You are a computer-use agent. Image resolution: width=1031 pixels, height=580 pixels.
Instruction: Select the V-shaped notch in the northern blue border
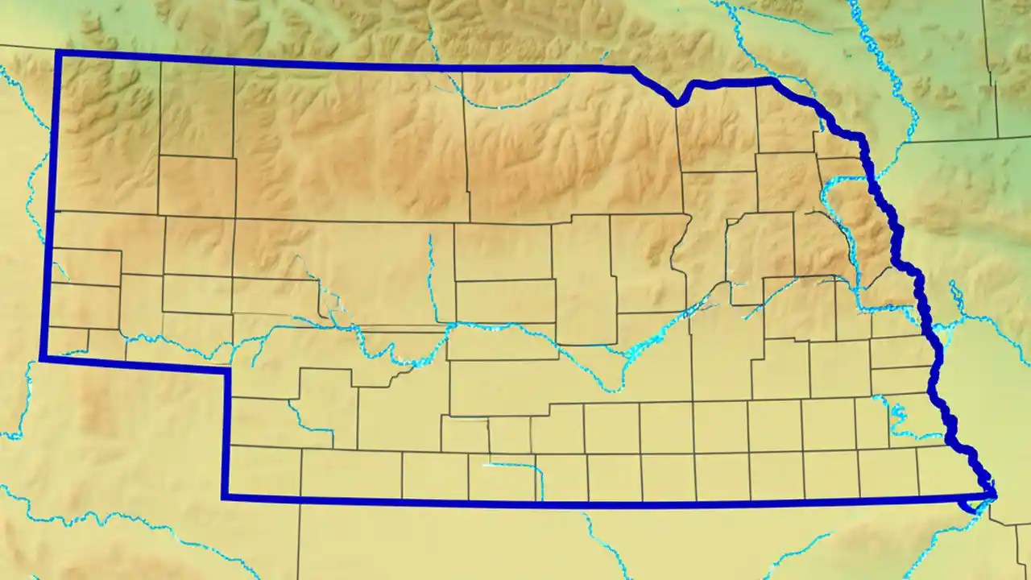[678, 102]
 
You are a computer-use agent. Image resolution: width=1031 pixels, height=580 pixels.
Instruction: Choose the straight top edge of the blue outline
[346, 63]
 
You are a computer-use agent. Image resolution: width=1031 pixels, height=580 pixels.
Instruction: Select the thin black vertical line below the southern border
[298, 540]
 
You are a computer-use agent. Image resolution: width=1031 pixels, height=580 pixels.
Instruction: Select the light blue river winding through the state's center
[524, 330]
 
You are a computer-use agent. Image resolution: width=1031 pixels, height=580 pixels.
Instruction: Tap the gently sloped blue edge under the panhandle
[133, 364]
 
